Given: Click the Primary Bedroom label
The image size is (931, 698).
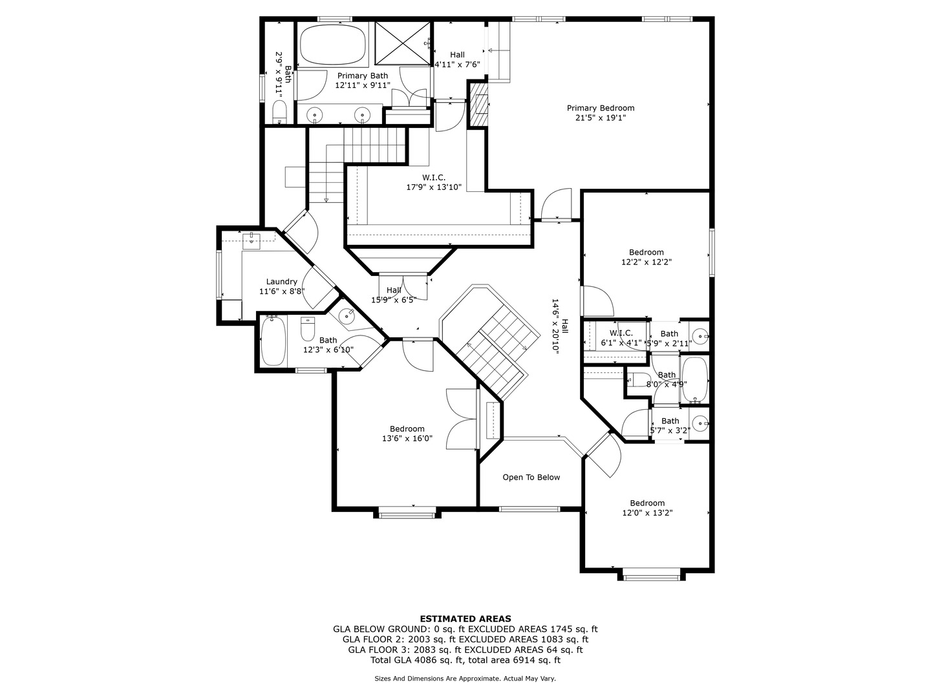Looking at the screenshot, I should (600, 108).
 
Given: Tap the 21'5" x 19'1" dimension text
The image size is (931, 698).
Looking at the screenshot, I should (600, 118).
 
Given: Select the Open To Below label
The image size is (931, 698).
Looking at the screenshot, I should (531, 478).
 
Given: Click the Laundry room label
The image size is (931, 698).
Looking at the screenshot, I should (281, 282).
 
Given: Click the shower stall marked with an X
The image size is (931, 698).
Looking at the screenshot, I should (402, 43).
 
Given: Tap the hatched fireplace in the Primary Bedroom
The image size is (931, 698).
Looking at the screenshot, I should (479, 103).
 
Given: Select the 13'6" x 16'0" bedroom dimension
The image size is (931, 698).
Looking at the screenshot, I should (407, 438).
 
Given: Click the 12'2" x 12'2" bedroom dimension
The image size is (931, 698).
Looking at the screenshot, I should (646, 262).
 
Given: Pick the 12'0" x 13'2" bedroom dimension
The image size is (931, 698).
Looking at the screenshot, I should (647, 513).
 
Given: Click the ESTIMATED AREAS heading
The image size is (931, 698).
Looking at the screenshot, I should (465, 619).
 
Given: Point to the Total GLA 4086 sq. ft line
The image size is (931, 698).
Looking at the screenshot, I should (465, 660).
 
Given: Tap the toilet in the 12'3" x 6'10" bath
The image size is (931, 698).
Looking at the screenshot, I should (308, 330).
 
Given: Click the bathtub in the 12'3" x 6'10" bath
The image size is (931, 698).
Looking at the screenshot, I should (272, 341).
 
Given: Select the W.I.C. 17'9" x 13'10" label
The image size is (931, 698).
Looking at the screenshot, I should (434, 182).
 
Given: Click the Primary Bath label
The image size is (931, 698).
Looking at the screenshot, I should (362, 76).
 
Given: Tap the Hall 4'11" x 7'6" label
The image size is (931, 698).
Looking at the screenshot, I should (457, 59).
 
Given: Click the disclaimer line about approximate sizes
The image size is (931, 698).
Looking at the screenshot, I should (465, 679).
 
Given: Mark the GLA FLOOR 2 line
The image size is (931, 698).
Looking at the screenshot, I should (465, 639).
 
